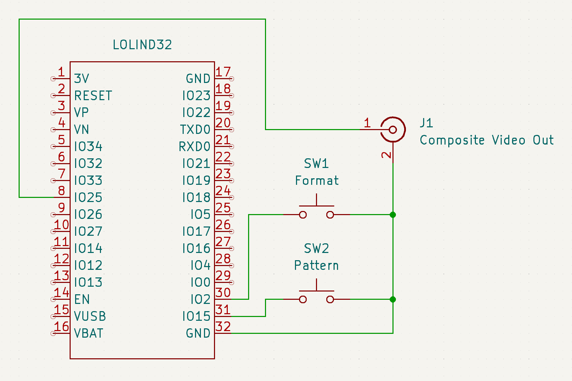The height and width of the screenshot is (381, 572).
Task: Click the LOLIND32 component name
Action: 142,45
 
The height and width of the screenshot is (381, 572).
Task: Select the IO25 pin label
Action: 88,198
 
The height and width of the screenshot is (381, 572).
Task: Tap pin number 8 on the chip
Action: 62,191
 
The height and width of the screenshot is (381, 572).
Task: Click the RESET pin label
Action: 93,96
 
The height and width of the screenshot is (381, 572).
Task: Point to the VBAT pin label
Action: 89,333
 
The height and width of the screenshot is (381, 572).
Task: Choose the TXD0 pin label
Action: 195,129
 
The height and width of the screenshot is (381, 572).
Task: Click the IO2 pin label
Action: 201,299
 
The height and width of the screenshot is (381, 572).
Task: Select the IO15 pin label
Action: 196,317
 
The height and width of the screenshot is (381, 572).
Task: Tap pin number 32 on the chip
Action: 223,327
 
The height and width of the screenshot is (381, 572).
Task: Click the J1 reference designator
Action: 427,123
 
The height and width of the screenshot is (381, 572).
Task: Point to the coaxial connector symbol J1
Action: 393,129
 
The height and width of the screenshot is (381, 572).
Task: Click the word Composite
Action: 452,140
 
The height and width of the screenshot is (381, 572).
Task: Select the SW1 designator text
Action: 316,163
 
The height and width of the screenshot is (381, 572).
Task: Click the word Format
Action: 317,181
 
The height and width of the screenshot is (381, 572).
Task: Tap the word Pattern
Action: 316,265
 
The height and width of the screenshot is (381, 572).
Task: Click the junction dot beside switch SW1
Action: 393,215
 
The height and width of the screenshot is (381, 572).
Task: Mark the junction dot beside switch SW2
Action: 393,299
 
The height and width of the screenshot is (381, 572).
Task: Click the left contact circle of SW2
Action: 303,299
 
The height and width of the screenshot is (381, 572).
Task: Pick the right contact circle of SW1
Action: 330,215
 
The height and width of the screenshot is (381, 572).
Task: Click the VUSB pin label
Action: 90,317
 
